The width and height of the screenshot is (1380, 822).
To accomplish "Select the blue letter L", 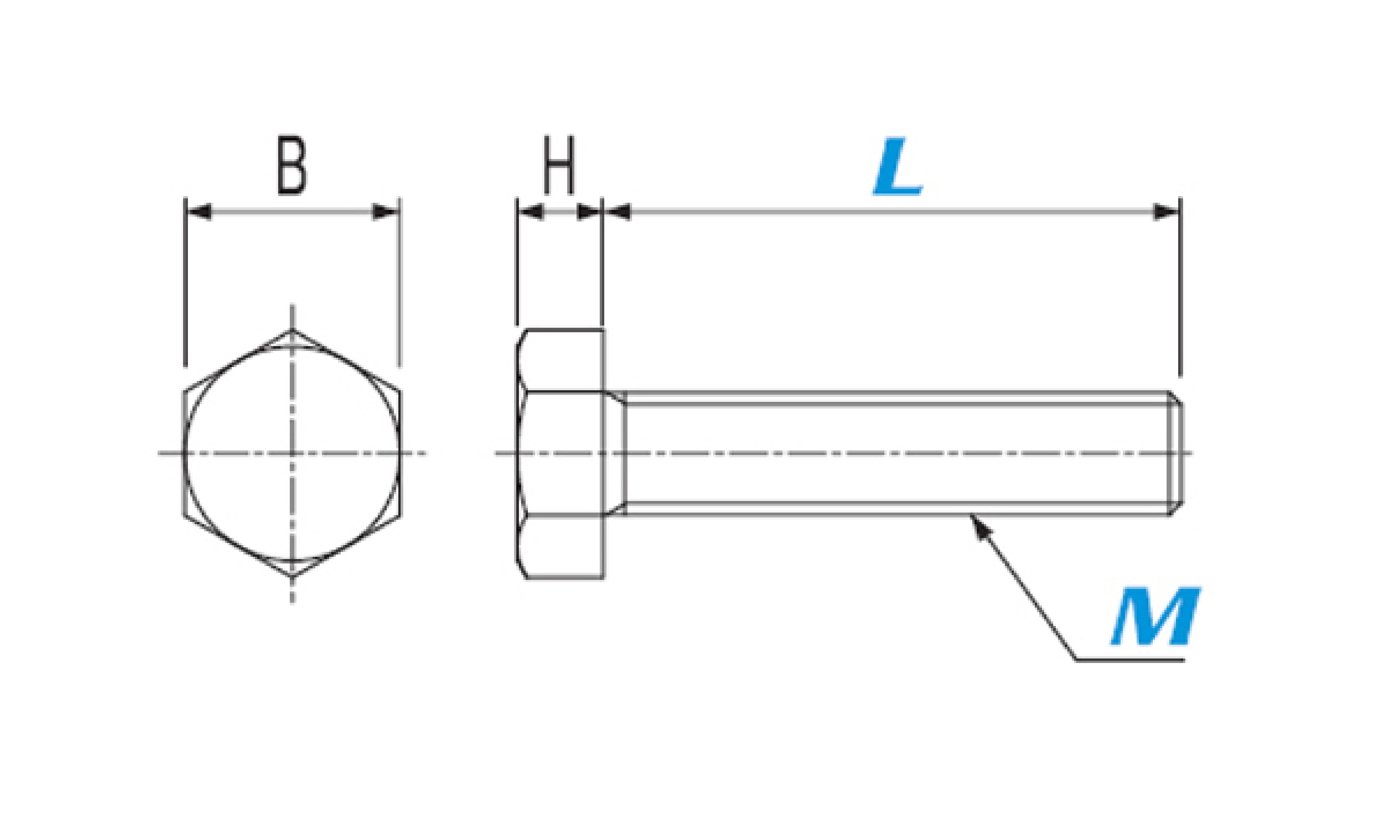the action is point(898,166).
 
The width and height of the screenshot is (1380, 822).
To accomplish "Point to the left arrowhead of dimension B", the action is point(198,212).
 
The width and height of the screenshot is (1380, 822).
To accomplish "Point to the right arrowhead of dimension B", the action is point(386,212).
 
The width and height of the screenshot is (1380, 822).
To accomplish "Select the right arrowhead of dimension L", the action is point(1167,212).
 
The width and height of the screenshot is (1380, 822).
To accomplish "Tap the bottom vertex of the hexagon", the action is point(292,577).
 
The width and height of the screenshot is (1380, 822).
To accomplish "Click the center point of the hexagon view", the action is point(292,453).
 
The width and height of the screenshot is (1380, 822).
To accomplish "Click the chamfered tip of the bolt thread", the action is point(1176,453).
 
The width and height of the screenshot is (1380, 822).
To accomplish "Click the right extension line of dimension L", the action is point(1180,287).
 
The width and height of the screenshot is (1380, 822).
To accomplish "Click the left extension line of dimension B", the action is point(185,282).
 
